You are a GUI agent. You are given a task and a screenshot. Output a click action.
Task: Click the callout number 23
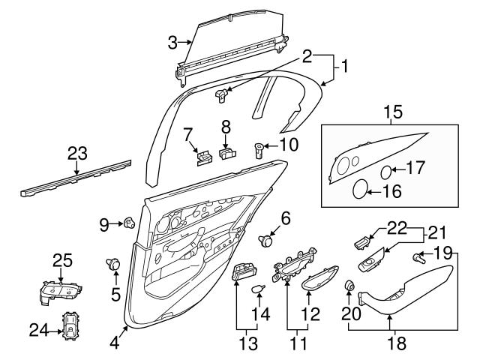77,154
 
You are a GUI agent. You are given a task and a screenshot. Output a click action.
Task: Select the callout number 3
172,42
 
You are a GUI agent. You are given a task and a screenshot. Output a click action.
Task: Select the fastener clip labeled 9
129,222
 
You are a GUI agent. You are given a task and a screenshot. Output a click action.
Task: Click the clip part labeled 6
265,240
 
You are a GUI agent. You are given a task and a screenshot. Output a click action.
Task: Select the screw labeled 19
418,258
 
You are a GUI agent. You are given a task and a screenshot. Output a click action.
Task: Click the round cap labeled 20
349,286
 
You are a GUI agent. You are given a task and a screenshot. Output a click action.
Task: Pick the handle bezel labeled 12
318,279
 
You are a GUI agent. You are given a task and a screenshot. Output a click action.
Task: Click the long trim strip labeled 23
75,178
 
